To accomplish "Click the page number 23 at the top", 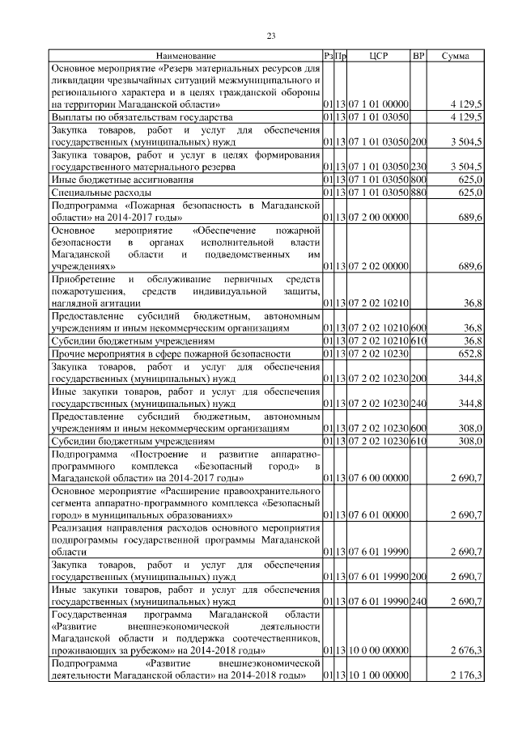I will click(271, 35).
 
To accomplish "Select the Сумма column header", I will click(456, 56).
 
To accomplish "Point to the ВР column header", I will click(418, 56).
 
